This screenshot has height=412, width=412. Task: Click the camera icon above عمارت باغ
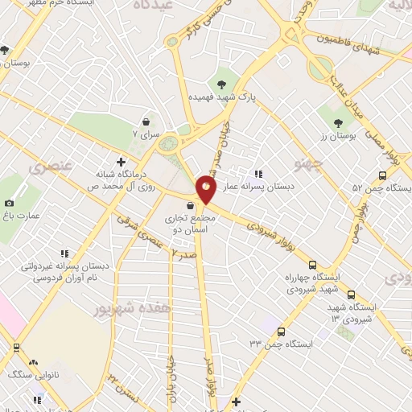point(10,204)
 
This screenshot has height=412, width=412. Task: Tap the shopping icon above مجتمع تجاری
point(188,206)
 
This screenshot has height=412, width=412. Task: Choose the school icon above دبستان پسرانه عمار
point(258,173)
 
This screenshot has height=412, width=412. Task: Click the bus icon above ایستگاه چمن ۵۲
point(382,175)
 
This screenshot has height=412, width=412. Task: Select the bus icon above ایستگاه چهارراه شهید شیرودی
point(312,265)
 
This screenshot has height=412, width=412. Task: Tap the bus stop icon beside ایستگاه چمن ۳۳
point(280,331)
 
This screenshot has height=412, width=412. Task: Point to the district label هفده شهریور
point(123,309)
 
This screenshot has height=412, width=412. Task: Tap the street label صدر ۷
point(184,254)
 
